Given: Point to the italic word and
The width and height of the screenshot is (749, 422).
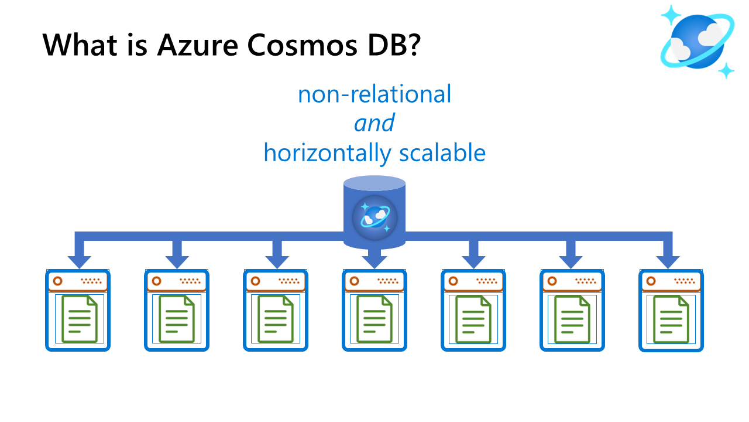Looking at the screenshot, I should [374, 124].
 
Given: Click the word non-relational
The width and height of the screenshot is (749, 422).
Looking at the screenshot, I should [374, 94].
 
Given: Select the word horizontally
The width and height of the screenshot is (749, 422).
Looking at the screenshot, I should [327, 153].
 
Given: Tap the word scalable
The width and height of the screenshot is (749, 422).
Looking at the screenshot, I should [442, 153].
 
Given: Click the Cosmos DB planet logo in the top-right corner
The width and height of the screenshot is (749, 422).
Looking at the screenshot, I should [697, 41].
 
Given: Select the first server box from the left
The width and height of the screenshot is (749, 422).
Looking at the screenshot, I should [78, 310].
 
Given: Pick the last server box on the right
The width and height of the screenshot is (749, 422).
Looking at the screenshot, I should [671, 310].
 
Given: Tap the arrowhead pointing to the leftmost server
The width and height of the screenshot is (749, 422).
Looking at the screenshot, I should [79, 261].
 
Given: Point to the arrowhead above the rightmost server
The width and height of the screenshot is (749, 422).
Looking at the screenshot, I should [668, 261].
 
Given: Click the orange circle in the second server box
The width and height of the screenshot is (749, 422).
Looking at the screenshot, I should [156, 281].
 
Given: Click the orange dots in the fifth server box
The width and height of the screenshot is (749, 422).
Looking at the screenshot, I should [486, 281].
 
